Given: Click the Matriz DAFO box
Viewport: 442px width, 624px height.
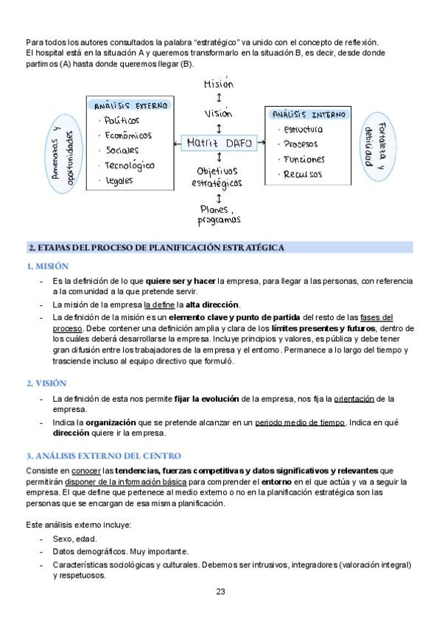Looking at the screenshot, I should pyautogui.click(x=219, y=143).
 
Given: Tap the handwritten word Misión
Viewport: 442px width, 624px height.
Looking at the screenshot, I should pyautogui.click(x=218, y=84).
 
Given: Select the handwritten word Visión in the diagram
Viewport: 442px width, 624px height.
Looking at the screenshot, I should pyautogui.click(x=218, y=113).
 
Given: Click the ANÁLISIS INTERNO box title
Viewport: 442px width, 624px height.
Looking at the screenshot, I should pyautogui.click(x=304, y=115).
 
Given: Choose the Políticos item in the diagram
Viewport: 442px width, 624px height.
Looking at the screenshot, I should pyautogui.click(x=122, y=120).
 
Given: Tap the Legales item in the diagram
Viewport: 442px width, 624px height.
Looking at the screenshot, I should pyautogui.click(x=121, y=180).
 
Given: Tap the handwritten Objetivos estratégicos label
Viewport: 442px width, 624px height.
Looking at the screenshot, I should pyautogui.click(x=220, y=177).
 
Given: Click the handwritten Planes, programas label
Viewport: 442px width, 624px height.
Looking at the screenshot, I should pyautogui.click(x=219, y=214).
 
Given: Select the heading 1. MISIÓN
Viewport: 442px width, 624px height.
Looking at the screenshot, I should pyautogui.click(x=48, y=266).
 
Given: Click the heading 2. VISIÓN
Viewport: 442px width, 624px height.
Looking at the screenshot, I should pyautogui.click(x=46, y=383).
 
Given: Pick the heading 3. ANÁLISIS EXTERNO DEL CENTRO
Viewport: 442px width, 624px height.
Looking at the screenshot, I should pyautogui.click(x=102, y=456).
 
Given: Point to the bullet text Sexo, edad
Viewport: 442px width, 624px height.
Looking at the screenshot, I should pyautogui.click(x=74, y=539).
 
